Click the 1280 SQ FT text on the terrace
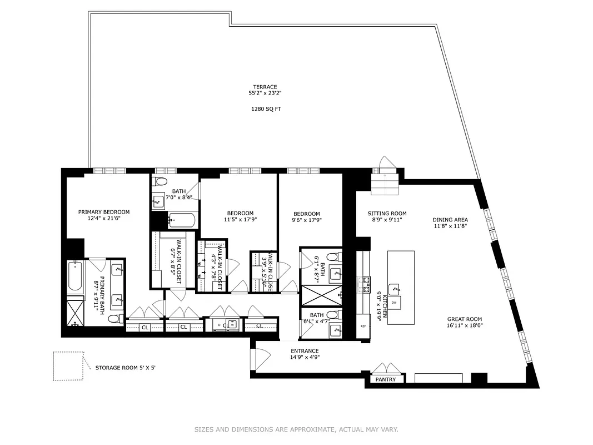266,109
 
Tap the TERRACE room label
265,87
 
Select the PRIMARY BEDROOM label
103,212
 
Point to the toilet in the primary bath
114,319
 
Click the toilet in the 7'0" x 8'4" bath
160,181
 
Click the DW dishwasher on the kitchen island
393,303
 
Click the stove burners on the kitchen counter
366,284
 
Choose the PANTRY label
386,379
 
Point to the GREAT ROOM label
465,319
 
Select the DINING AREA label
450,220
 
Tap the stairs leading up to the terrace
385,183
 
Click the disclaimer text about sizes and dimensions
296,429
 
